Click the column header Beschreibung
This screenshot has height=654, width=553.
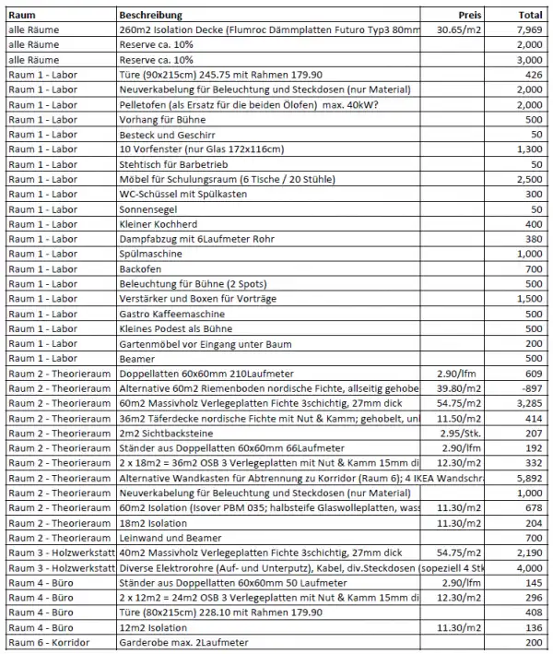pos(151,16)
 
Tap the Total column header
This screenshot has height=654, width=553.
pos(530,16)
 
